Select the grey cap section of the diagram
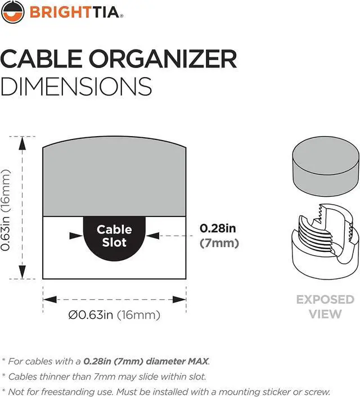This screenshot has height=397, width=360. [x=114, y=180]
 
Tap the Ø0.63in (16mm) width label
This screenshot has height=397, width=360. [x=114, y=315]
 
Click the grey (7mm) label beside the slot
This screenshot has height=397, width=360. [x=219, y=243]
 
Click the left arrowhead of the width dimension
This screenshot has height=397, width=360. [x=47, y=299]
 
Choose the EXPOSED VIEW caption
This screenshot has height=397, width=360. [x=325, y=306]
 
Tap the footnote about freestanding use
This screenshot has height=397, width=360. [x=166, y=391]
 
